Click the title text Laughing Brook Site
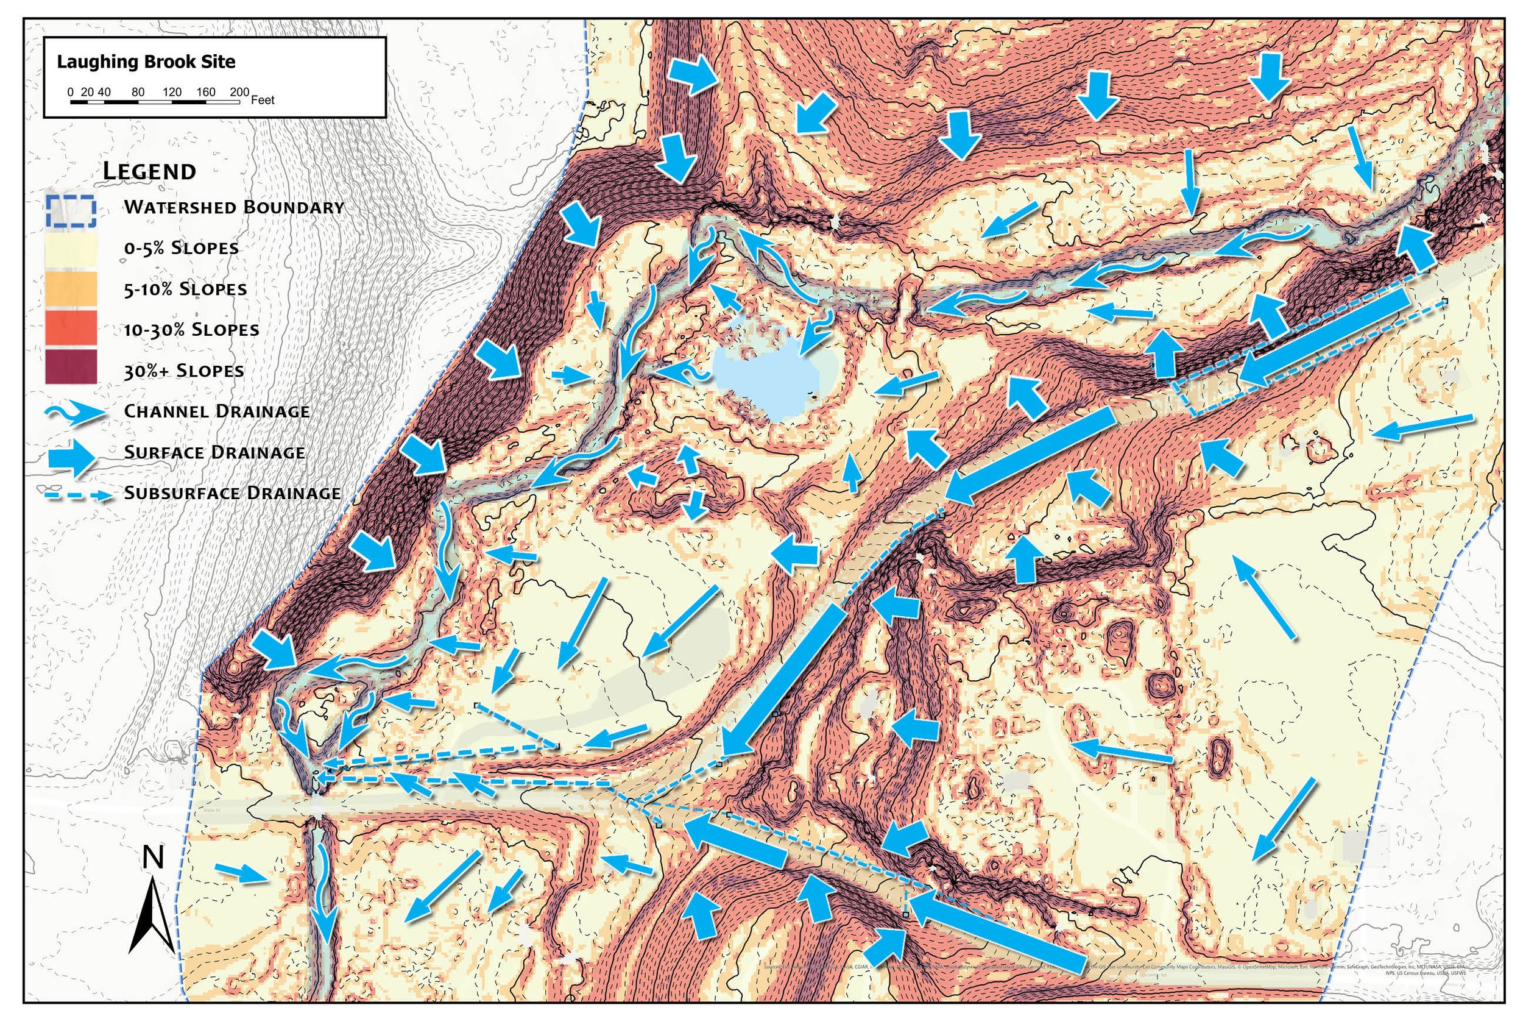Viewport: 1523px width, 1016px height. pyautogui.click(x=146, y=62)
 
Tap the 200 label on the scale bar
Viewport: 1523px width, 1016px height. pyautogui.click(x=239, y=92)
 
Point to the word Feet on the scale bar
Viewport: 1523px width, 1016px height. pyautogui.click(x=263, y=101)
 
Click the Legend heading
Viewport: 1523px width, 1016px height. pyautogui.click(x=150, y=172)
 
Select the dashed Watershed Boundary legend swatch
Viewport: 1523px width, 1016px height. pyautogui.click(x=71, y=211)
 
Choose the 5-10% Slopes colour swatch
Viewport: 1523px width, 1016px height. pyautogui.click(x=71, y=289)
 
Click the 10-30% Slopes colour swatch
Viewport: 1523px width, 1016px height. pyautogui.click(x=71, y=329)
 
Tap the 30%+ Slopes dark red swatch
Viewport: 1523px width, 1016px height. pyautogui.click(x=71, y=368)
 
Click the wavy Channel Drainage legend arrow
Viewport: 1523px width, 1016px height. pyautogui.click(x=74, y=412)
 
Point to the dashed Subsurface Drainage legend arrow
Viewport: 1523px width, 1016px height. pyautogui.click(x=74, y=495)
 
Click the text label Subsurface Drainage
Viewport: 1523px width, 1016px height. pyautogui.click(x=232, y=493)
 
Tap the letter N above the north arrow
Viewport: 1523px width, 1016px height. pyautogui.click(x=153, y=858)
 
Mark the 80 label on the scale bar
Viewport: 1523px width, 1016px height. pyautogui.click(x=138, y=92)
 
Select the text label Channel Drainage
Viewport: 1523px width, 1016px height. pyautogui.click(x=216, y=411)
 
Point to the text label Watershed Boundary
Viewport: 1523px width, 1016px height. pyautogui.click(x=234, y=207)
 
